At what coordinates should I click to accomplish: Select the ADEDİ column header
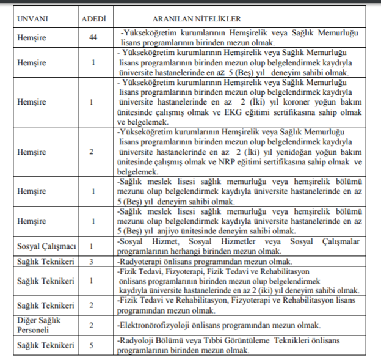pyautogui.click(x=93, y=19)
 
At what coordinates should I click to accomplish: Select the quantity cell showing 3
pyautogui.click(x=92, y=262)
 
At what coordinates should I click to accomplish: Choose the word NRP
pyautogui.click(x=248, y=161)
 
